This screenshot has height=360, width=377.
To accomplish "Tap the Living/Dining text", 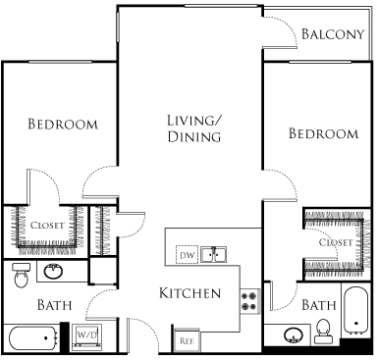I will (x=192, y=129).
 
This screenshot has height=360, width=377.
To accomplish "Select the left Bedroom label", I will (x=63, y=125).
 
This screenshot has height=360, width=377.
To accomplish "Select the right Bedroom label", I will (x=323, y=133).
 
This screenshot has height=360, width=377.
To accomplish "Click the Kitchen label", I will (x=189, y=293).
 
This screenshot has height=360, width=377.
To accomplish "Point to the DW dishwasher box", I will (x=187, y=255).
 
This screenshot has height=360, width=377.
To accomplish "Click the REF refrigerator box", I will (x=187, y=340).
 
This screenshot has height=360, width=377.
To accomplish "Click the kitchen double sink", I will (x=214, y=255).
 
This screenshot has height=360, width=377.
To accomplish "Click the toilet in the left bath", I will (x=20, y=279).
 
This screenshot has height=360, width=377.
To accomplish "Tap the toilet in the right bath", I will (x=322, y=335).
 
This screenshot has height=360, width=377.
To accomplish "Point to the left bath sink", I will (x=52, y=272).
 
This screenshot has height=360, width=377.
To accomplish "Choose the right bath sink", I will (x=291, y=336).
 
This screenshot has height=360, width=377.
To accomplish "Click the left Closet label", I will (x=47, y=226).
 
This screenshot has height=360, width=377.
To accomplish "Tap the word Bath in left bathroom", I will (x=53, y=305).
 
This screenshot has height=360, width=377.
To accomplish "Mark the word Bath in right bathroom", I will (x=318, y=305).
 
